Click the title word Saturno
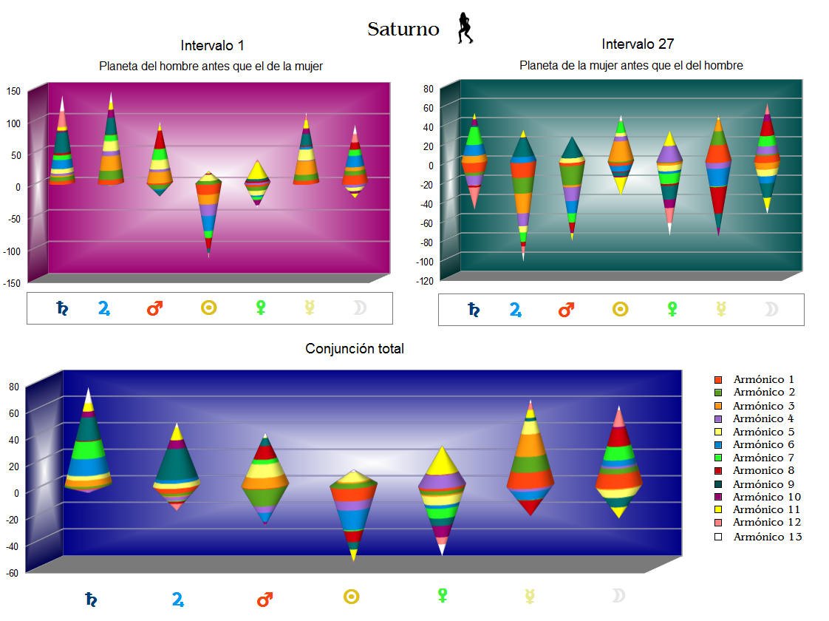pyautogui.click(x=403, y=30)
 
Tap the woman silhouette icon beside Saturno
pyautogui.click(x=465, y=28)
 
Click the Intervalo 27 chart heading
pyautogui.click(x=638, y=44)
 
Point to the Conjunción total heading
pyautogui.click(x=355, y=349)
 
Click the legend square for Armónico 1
pyautogui.click(x=718, y=379)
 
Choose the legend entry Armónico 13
pyautogui.click(x=767, y=537)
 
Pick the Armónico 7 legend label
pyautogui.click(x=767, y=458)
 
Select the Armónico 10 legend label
pyautogui.click(x=767, y=497)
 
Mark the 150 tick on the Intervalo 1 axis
pyautogui.click(x=13, y=91)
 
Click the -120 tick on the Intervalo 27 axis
pyautogui.click(x=423, y=281)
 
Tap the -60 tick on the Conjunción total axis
pyautogui.click(x=13, y=572)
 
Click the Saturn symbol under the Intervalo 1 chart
pyautogui.click(x=64, y=308)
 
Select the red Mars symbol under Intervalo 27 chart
pyautogui.click(x=567, y=310)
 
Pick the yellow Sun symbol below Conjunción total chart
pyautogui.click(x=352, y=597)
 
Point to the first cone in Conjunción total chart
pyautogui.click(x=88, y=444)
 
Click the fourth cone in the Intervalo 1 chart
pyautogui.click(x=209, y=211)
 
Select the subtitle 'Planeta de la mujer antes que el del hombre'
pyautogui.click(x=631, y=66)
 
